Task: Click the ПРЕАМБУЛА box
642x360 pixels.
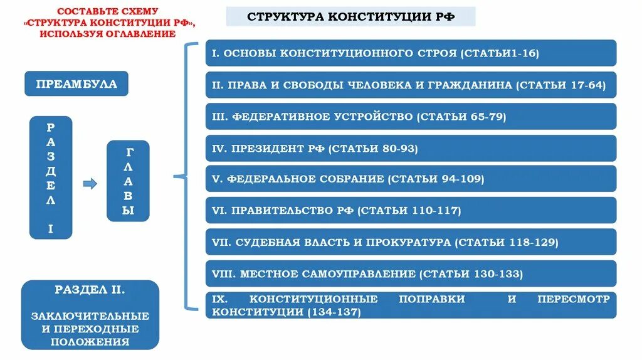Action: coord(76,84)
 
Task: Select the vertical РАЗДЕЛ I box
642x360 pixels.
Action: coord(51,177)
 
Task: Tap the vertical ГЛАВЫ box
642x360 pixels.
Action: coord(128,181)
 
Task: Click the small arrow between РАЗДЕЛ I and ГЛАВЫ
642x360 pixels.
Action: coord(90,184)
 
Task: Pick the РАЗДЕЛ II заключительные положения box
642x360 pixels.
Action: coord(90,315)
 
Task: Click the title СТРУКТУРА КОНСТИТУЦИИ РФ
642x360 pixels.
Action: coord(350,16)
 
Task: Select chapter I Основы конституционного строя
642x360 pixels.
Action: coord(411,53)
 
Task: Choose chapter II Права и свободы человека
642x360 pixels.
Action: coord(411,85)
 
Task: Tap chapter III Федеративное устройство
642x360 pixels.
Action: coord(411,117)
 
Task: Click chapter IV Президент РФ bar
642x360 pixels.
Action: coord(411,148)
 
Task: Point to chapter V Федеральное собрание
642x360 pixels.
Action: coord(411,179)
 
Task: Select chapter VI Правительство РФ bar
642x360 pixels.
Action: coord(411,211)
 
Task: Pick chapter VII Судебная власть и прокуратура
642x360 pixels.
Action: coord(411,242)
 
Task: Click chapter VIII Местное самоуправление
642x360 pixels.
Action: coord(411,273)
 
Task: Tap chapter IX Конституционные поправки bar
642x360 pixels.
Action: coord(411,305)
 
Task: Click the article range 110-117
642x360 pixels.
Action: coord(435,211)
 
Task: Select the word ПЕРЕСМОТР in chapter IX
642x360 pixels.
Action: coord(573,299)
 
